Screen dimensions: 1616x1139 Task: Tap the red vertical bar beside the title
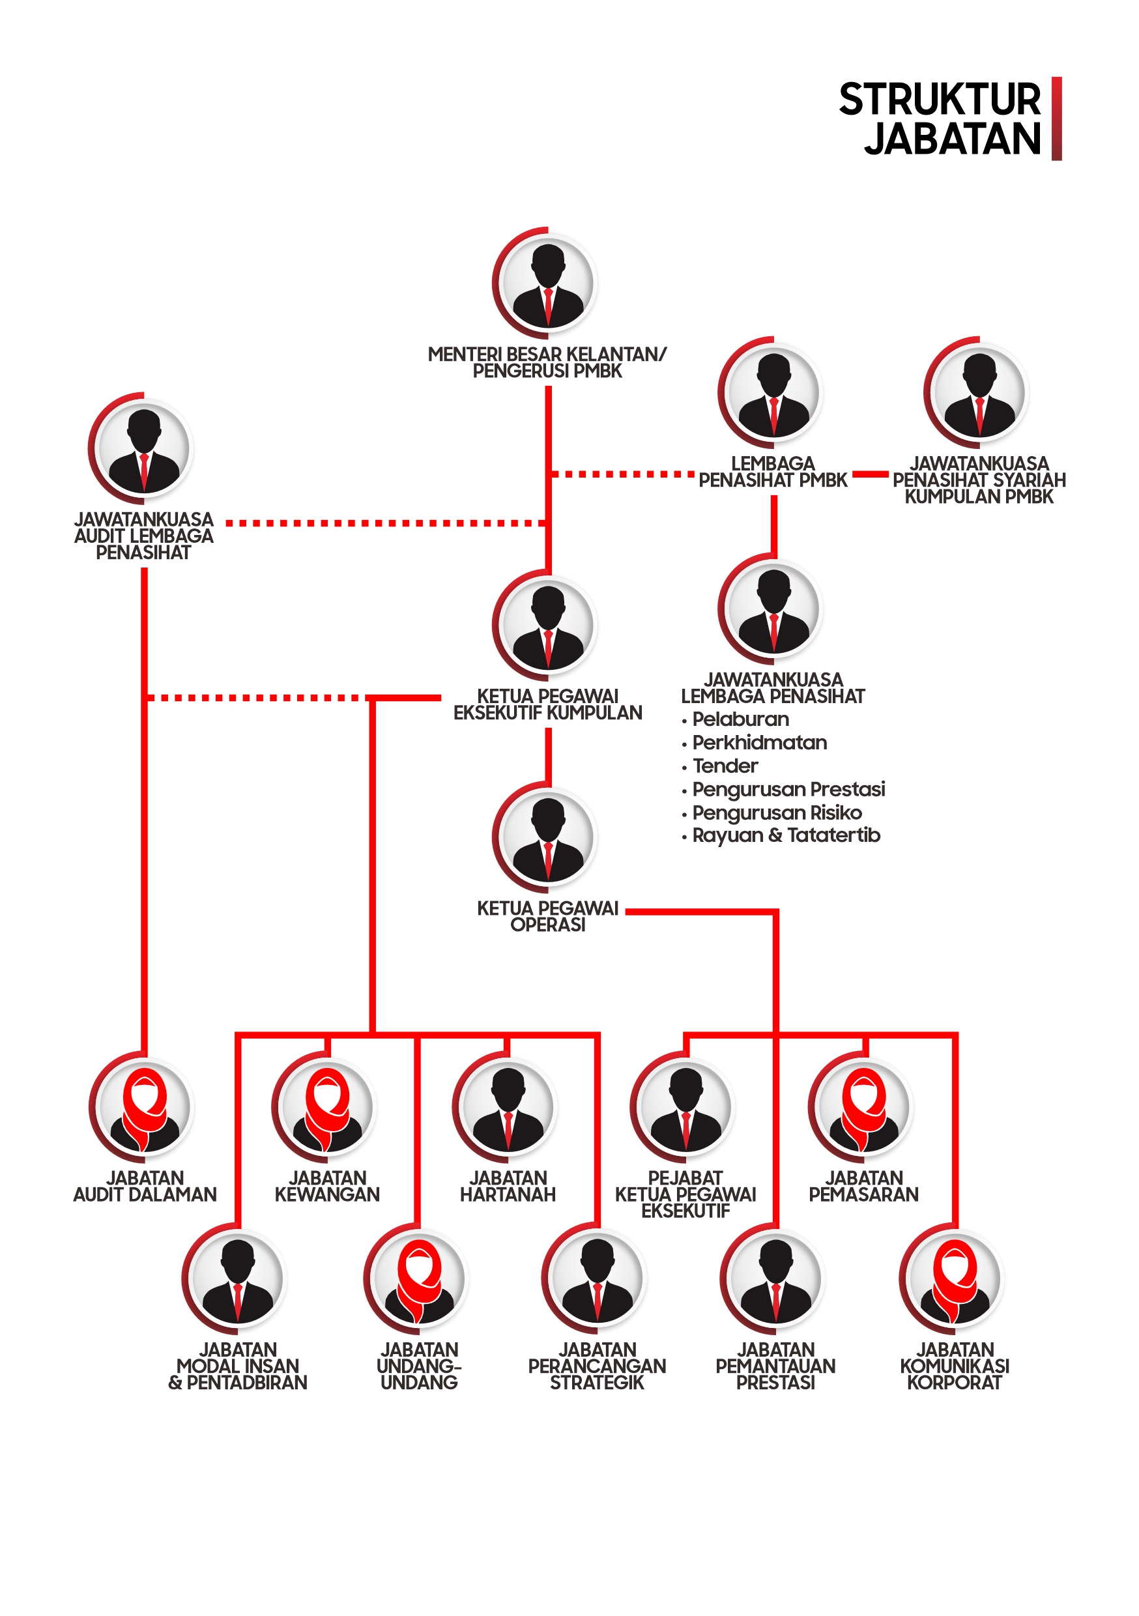pyautogui.click(x=1056, y=118)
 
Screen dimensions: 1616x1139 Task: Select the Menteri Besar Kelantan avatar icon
pyautogui.click(x=548, y=283)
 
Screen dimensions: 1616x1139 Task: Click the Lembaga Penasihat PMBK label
pyautogui.click(x=773, y=472)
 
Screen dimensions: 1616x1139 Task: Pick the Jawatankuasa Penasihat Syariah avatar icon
pyautogui.click(x=979, y=393)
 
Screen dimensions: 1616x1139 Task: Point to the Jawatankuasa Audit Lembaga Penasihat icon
pyautogui.click(x=143, y=448)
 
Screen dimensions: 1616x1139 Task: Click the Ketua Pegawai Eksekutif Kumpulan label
pyautogui.click(x=548, y=704)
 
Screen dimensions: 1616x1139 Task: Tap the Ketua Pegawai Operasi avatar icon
pyautogui.click(x=548, y=837)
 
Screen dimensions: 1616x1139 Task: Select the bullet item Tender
pyautogui.click(x=725, y=766)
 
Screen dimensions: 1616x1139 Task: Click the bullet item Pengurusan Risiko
pyautogui.click(x=777, y=813)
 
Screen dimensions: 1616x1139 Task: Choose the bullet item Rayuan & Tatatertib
pyautogui.click(x=786, y=835)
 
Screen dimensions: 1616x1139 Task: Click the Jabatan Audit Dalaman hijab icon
pyautogui.click(x=144, y=1107)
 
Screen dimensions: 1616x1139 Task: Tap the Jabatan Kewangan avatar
pyautogui.click(x=326, y=1107)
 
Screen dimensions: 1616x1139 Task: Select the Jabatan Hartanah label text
pyautogui.click(x=508, y=1187)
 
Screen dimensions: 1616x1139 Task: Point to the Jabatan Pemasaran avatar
pyautogui.click(x=863, y=1107)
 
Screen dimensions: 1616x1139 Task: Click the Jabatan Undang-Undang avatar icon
pyautogui.click(x=419, y=1279)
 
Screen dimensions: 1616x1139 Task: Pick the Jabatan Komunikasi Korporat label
pyautogui.click(x=954, y=1366)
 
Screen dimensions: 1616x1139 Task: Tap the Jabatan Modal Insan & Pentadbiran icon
pyautogui.click(x=237, y=1279)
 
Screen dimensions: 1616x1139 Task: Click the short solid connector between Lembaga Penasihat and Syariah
pyautogui.click(x=870, y=474)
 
